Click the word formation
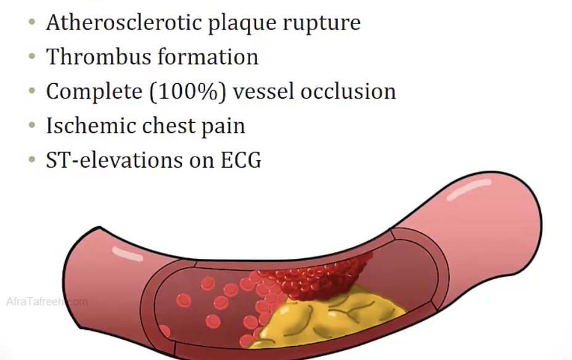point(207,57)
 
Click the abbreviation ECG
point(239,160)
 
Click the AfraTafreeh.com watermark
point(46,302)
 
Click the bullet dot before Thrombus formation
point(32,57)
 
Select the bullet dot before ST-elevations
point(32,160)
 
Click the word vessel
point(269,91)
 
